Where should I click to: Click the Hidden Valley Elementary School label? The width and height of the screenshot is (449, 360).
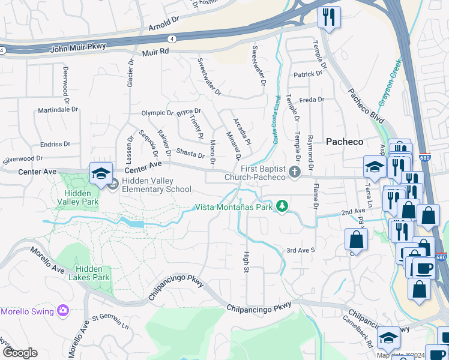157,185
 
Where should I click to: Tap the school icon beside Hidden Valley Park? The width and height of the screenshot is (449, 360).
101,174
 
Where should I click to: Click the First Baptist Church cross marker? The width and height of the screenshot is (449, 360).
294,172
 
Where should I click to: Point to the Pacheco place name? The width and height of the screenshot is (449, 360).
345,142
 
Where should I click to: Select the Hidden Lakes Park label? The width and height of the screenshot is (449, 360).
92,273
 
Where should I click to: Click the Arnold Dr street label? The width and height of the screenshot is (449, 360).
164,27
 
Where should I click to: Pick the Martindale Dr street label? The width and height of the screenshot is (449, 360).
58,110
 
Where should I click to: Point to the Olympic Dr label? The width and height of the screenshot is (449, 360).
157,113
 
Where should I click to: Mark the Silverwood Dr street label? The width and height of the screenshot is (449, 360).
23,159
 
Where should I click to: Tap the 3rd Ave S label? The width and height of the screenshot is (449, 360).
300,250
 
